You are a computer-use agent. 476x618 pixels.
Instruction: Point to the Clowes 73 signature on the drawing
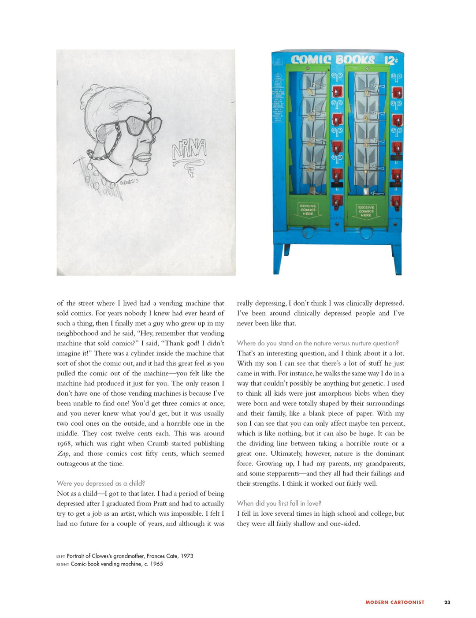(129, 182)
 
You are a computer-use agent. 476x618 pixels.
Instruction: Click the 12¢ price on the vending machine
(390, 60)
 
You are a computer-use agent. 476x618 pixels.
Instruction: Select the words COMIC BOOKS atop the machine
(333, 60)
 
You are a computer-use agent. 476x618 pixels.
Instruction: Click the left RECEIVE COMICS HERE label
(308, 210)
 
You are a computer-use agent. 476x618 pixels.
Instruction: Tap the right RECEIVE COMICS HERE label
(366, 211)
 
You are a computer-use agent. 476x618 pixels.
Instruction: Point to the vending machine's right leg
(396, 260)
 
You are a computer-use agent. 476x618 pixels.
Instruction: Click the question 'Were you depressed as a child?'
(101, 483)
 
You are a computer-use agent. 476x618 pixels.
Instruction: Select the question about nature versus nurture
(318, 343)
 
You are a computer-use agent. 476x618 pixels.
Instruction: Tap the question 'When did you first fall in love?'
(279, 503)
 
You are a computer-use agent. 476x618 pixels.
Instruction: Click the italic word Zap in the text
(63, 453)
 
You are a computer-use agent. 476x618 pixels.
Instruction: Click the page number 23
(447, 602)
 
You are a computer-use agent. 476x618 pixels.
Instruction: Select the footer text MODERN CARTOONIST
(395, 602)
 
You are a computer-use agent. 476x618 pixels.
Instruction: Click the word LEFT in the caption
(61, 556)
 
